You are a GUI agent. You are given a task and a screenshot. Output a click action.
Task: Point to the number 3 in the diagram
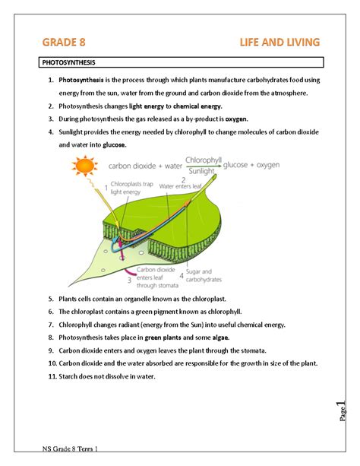click(129, 281)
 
